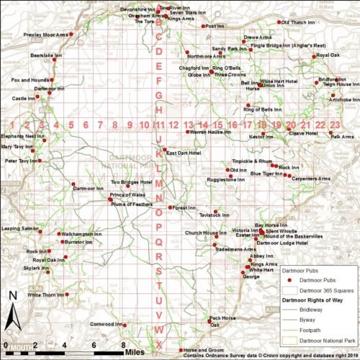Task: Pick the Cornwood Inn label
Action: tap(104, 324)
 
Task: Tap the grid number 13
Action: tap(189, 125)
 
